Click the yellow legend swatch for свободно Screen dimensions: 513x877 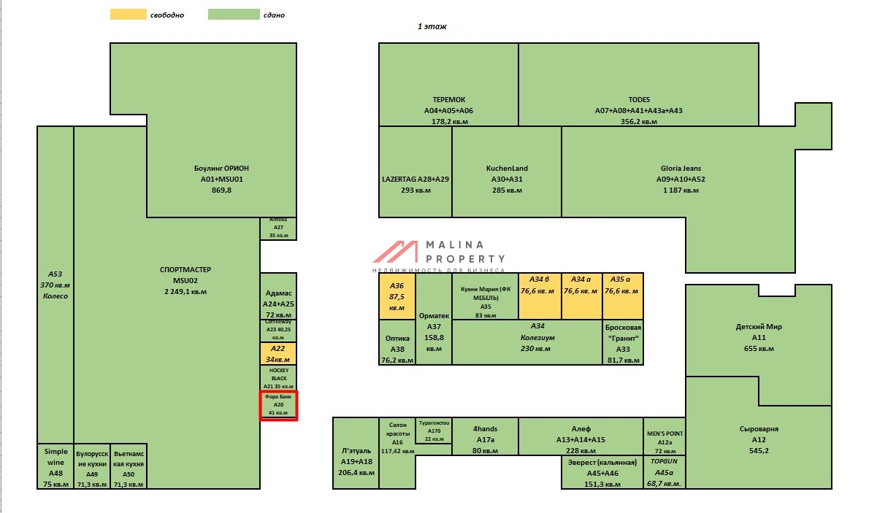pos(127,15)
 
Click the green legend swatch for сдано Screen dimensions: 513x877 pos(234,15)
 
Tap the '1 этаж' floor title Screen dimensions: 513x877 pos(432,26)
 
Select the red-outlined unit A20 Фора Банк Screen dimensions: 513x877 pos(278,405)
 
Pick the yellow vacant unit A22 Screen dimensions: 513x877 pos(278,354)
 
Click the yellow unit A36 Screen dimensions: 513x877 pos(397,296)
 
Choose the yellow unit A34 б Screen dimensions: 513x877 pos(539,296)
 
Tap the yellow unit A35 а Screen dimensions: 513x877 pos(623,296)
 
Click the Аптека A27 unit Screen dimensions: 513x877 pos(278,228)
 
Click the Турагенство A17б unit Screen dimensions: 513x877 pos(434,431)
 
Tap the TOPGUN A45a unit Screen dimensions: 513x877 pos(665,472)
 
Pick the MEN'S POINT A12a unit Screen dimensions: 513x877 pos(665,436)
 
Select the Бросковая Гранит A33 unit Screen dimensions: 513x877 pos(623,343)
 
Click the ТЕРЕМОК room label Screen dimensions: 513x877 pos(448,100)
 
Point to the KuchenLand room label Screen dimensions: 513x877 pos(506,169)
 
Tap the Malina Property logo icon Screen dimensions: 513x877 pos(395,252)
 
